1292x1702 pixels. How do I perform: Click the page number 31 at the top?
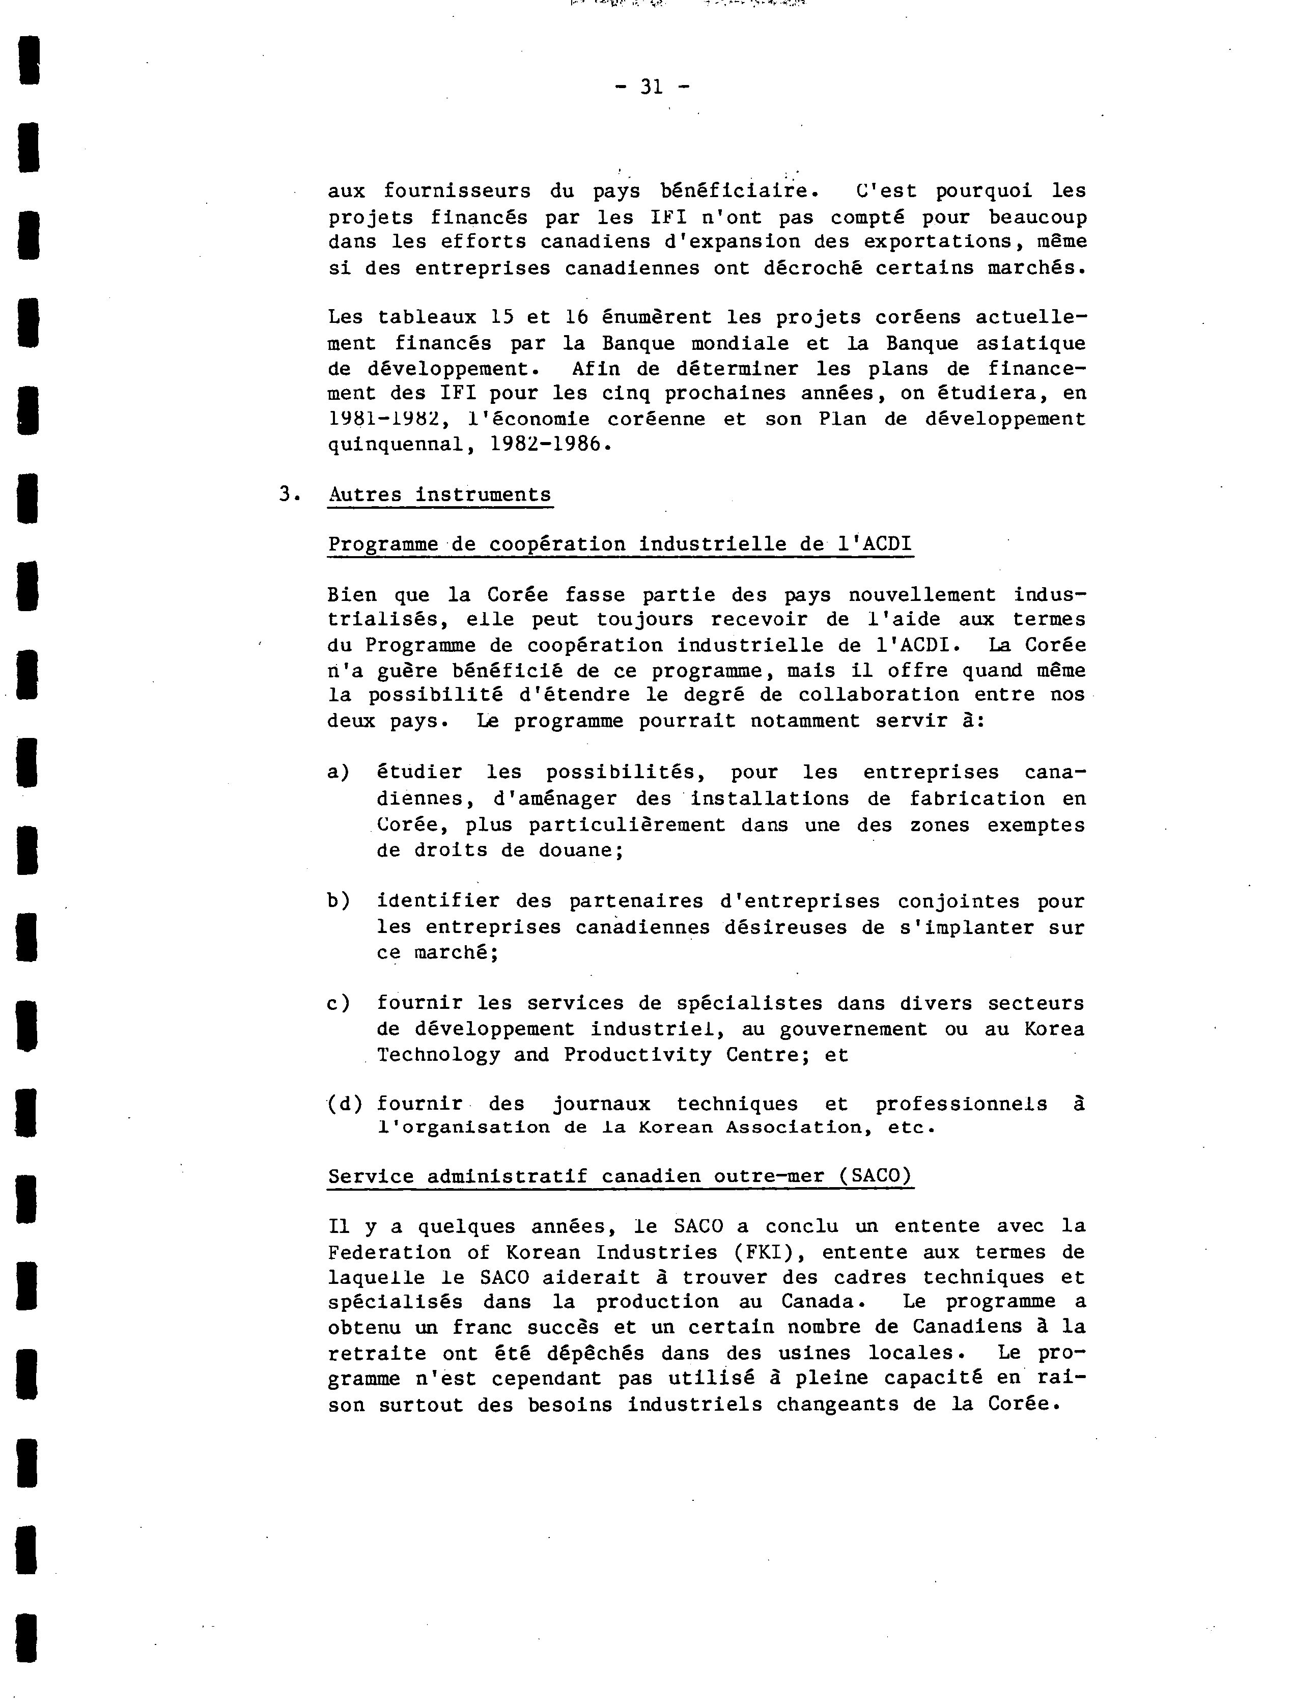tap(652, 87)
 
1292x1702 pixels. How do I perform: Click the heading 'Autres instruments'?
tap(440, 494)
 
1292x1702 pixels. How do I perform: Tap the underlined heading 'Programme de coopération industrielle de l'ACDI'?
tap(620, 544)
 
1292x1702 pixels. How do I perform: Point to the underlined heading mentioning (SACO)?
tap(620, 1176)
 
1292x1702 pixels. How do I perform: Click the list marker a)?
tap(339, 772)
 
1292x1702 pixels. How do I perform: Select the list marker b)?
tap(339, 900)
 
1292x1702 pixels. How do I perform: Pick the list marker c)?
tap(339, 1003)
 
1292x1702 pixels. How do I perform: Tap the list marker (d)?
tap(344, 1104)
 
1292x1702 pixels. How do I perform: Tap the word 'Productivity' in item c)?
tap(637, 1055)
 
